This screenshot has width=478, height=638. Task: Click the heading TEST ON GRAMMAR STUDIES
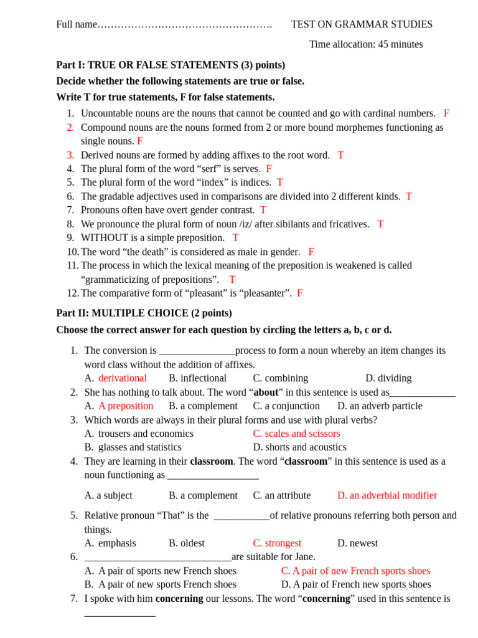(x=362, y=24)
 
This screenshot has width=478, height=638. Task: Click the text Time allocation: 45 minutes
(x=365, y=44)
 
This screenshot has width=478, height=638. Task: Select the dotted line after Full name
(x=185, y=25)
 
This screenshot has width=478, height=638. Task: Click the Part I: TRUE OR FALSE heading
(x=171, y=65)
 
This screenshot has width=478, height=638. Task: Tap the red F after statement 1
(x=446, y=113)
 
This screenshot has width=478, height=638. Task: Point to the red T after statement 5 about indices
(x=280, y=183)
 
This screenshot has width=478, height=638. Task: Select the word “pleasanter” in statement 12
(x=264, y=293)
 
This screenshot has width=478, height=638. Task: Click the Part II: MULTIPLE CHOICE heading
(x=144, y=313)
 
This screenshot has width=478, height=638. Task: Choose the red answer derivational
(x=122, y=378)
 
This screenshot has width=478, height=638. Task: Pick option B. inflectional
(x=197, y=378)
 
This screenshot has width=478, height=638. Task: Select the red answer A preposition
(x=125, y=406)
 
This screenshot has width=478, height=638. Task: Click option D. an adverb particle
(x=380, y=406)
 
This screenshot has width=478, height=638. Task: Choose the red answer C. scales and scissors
(x=296, y=434)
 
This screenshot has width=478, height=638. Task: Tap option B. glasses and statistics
(x=133, y=447)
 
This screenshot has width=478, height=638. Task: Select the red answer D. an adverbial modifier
(x=387, y=495)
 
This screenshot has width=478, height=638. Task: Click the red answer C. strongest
(x=277, y=543)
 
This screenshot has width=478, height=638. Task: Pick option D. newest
(x=357, y=543)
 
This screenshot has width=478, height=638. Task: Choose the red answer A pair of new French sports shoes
(x=355, y=571)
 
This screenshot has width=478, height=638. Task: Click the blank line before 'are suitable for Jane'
(x=157, y=557)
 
